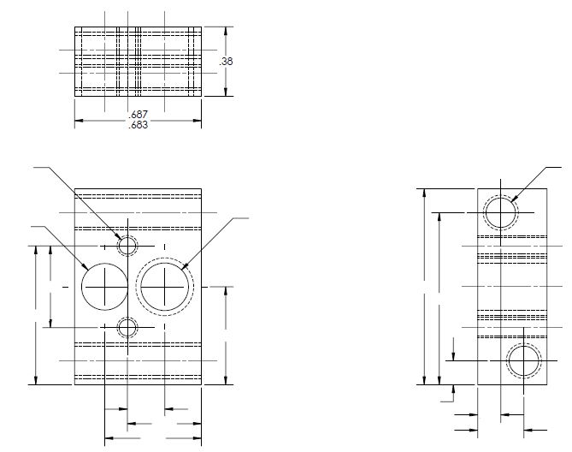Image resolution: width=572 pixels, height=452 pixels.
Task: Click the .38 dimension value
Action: point(227,61)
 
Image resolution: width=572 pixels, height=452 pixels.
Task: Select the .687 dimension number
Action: point(138,114)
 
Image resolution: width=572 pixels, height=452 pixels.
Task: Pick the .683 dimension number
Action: point(138,125)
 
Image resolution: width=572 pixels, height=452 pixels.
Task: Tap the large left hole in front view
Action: point(103,286)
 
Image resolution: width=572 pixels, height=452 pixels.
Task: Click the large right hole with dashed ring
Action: point(164,286)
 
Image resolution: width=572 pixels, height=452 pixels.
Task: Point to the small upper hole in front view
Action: point(127,246)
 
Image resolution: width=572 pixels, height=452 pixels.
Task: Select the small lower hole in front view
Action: point(127,327)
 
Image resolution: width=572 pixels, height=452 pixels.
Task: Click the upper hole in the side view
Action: point(500,211)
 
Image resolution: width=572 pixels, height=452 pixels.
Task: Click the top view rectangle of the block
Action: point(138,61)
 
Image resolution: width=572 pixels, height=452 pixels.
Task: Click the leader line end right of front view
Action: point(248,219)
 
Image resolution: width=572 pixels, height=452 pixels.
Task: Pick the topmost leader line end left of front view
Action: point(32,169)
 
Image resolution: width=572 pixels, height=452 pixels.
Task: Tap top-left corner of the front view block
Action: point(75,188)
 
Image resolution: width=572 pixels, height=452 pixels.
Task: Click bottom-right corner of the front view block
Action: point(201,385)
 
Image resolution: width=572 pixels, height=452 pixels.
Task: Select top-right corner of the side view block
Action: point(544,188)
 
